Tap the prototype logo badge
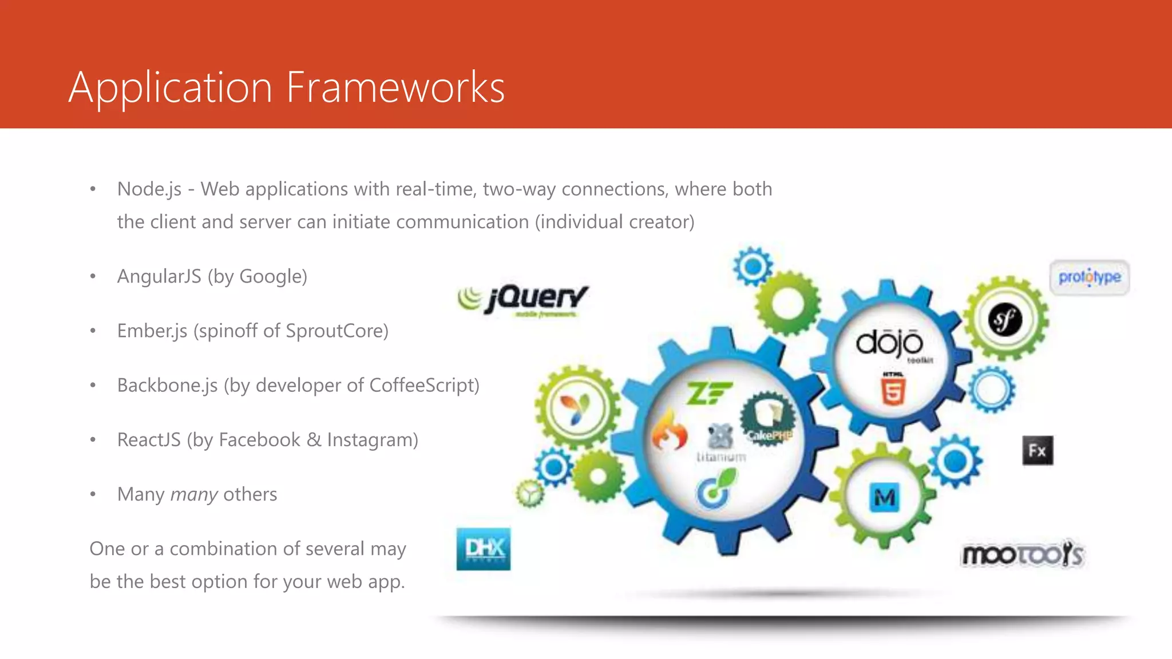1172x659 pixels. coord(1089,277)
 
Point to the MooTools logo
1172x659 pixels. coord(1023,554)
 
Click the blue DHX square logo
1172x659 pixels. coord(484,549)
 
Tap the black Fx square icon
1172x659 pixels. coord(1038,450)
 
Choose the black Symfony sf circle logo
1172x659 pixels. coord(1005,319)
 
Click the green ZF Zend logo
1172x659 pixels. coord(708,393)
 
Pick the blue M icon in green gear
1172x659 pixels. coord(884,497)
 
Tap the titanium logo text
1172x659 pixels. coord(721,456)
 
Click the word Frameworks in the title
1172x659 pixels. coord(395,88)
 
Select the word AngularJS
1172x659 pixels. coord(159,276)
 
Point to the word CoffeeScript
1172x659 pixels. coord(423,386)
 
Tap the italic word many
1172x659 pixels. coord(194,494)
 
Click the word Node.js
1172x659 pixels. coord(149,189)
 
